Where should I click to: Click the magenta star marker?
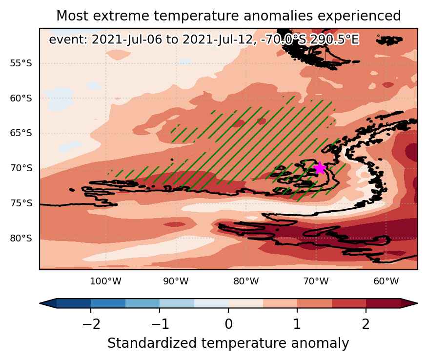coord(320,168)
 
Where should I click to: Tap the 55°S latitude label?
coord(21,63)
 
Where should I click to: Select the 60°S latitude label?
coord(21,98)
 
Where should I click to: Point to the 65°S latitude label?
coord(21,133)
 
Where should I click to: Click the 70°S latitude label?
coord(21,168)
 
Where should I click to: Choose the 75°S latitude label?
coord(21,203)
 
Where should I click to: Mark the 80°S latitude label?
coord(21,238)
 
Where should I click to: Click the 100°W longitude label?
coord(106,281)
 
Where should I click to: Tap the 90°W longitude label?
coord(176,281)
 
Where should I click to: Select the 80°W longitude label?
coord(246,281)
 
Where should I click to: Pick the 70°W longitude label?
coord(316,281)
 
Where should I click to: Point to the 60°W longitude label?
coord(386,281)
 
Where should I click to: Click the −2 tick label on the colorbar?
coord(91,324)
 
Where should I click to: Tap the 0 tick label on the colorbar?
coord(228,324)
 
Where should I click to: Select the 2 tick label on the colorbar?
coord(366,324)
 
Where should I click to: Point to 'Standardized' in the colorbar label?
coord(152,343)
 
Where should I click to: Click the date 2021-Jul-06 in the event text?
coord(127,40)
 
